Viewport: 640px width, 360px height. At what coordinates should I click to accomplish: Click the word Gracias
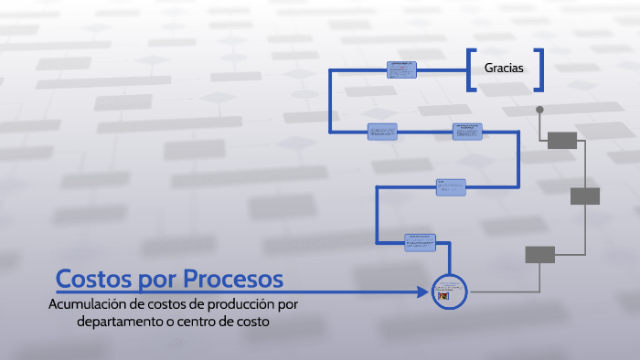click(x=504, y=69)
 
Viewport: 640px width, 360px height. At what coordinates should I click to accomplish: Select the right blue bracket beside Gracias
click(x=539, y=69)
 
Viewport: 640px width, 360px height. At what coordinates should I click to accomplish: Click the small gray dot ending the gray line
click(x=539, y=110)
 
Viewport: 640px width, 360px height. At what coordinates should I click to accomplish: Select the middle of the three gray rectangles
click(x=584, y=196)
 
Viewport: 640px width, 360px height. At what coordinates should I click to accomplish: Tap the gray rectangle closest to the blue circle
click(x=539, y=254)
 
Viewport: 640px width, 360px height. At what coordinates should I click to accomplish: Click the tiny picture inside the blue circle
click(x=443, y=297)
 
